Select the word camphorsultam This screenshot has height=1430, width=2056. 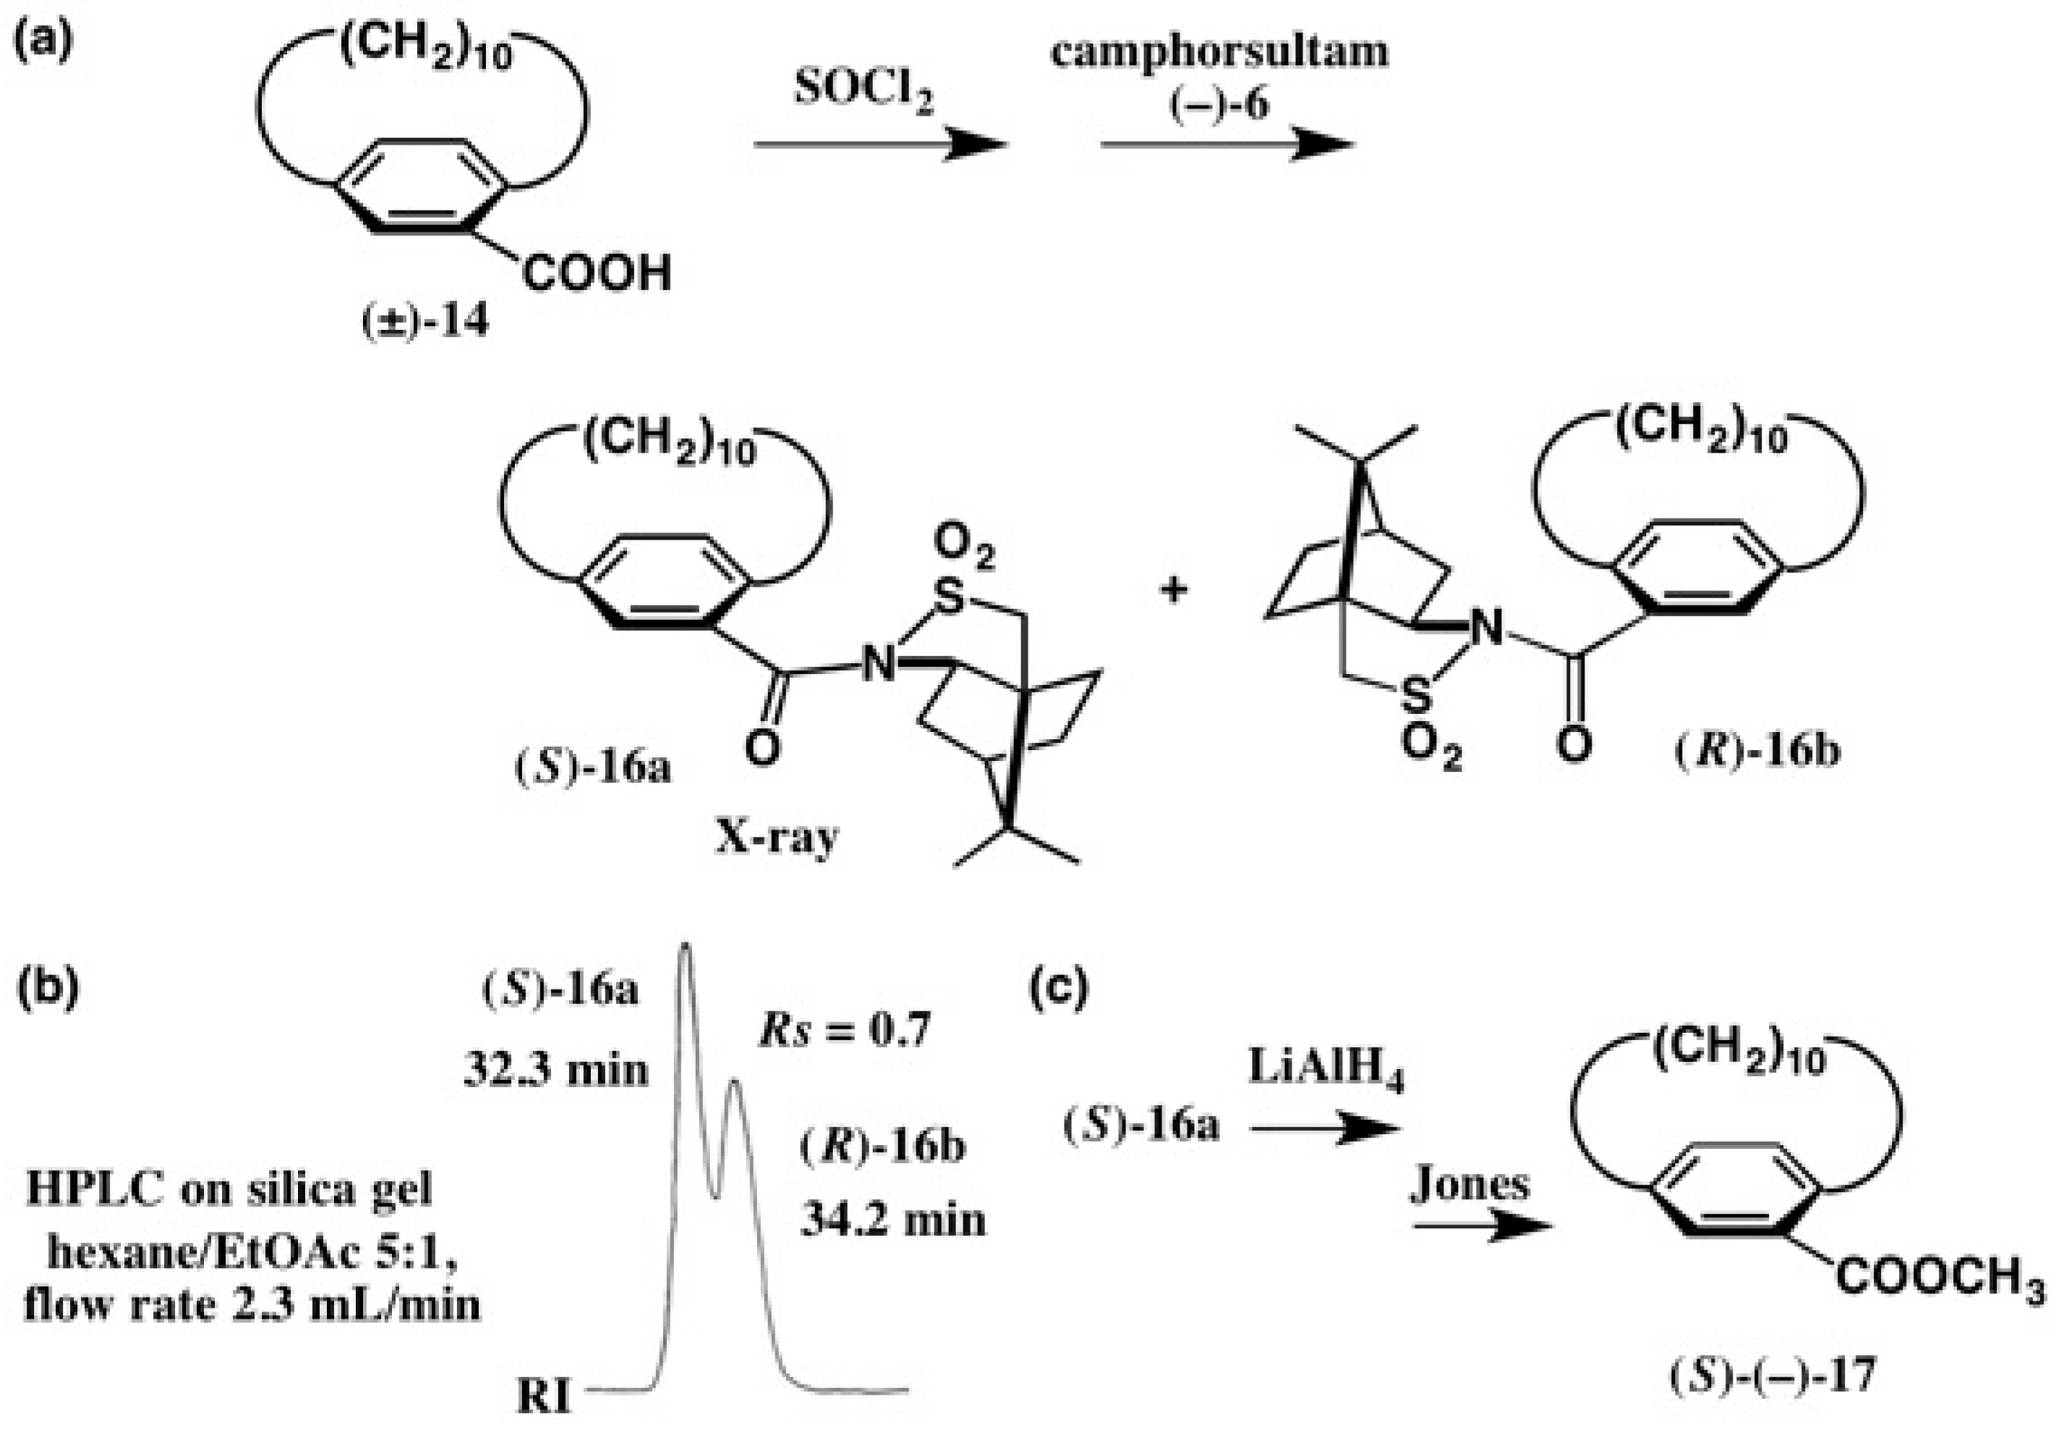click(x=1219, y=51)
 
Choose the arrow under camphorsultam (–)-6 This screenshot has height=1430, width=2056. click(x=1226, y=144)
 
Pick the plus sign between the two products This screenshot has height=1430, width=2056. click(x=1174, y=590)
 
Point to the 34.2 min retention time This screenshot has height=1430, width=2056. click(x=893, y=1220)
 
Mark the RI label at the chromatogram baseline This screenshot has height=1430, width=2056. click(x=544, y=1397)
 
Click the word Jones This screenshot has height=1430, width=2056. click(x=1470, y=1185)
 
